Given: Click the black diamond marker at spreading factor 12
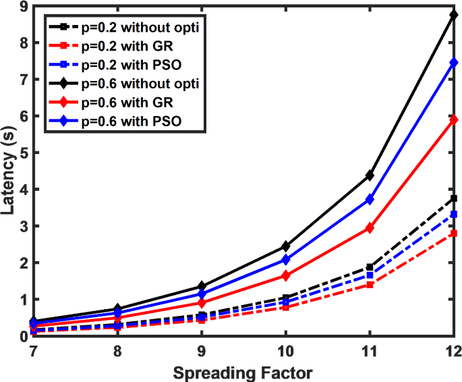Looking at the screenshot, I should [x=454, y=15].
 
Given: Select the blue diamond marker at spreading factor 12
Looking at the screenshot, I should [x=454, y=63].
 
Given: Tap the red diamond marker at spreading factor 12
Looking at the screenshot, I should [x=454, y=119].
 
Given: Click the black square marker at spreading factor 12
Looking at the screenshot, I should [x=454, y=198].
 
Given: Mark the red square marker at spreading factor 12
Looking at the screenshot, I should [x=454, y=234].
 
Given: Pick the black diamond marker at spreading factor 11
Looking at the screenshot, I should [x=370, y=175].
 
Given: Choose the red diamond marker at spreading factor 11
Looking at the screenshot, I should [x=370, y=228].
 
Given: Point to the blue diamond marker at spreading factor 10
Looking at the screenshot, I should [x=285, y=260].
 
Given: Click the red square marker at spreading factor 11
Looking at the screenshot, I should [x=370, y=285].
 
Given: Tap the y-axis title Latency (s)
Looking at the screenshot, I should [x=9, y=171].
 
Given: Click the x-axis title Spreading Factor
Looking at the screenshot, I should [x=243, y=371].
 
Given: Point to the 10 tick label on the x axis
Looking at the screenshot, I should [x=285, y=352].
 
